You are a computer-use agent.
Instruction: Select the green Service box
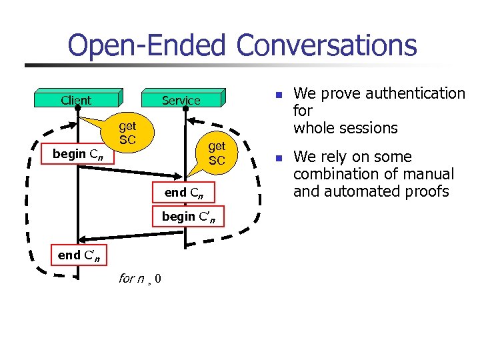pos(181,100)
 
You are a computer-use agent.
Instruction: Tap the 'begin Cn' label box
pos(77,154)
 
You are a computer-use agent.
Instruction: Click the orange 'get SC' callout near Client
pos(127,133)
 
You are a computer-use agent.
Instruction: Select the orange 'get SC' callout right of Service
pos(217,153)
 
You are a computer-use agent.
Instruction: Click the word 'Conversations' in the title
pos(326,45)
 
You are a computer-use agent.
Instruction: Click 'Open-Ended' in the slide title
pos(148,45)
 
